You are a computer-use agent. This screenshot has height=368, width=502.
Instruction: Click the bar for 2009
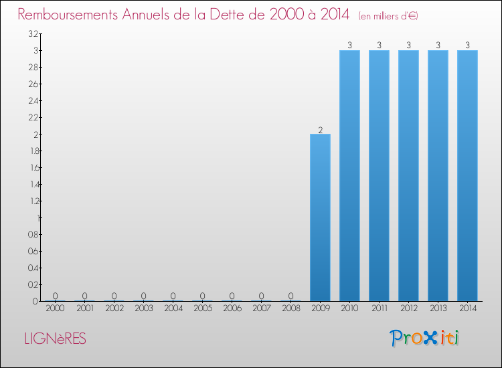320,217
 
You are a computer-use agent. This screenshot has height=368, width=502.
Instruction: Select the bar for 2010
349,175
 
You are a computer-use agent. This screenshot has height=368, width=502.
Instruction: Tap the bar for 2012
408,175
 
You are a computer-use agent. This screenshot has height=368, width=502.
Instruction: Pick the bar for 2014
467,175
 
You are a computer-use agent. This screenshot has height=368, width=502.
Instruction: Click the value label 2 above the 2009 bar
320,130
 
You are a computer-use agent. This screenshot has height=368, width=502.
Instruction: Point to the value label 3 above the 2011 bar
379,45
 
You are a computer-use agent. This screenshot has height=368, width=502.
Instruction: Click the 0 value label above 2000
55,296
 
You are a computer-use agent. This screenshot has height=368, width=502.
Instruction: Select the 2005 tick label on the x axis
202,309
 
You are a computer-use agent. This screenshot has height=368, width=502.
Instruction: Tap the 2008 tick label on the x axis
290,309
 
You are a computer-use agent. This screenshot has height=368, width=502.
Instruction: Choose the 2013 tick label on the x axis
438,309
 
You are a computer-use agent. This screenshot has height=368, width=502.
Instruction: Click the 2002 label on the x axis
114,309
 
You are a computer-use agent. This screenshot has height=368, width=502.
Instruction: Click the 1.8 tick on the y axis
33,151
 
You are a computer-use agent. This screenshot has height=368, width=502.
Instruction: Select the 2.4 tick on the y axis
33,100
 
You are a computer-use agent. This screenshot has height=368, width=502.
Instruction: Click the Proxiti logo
424,338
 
